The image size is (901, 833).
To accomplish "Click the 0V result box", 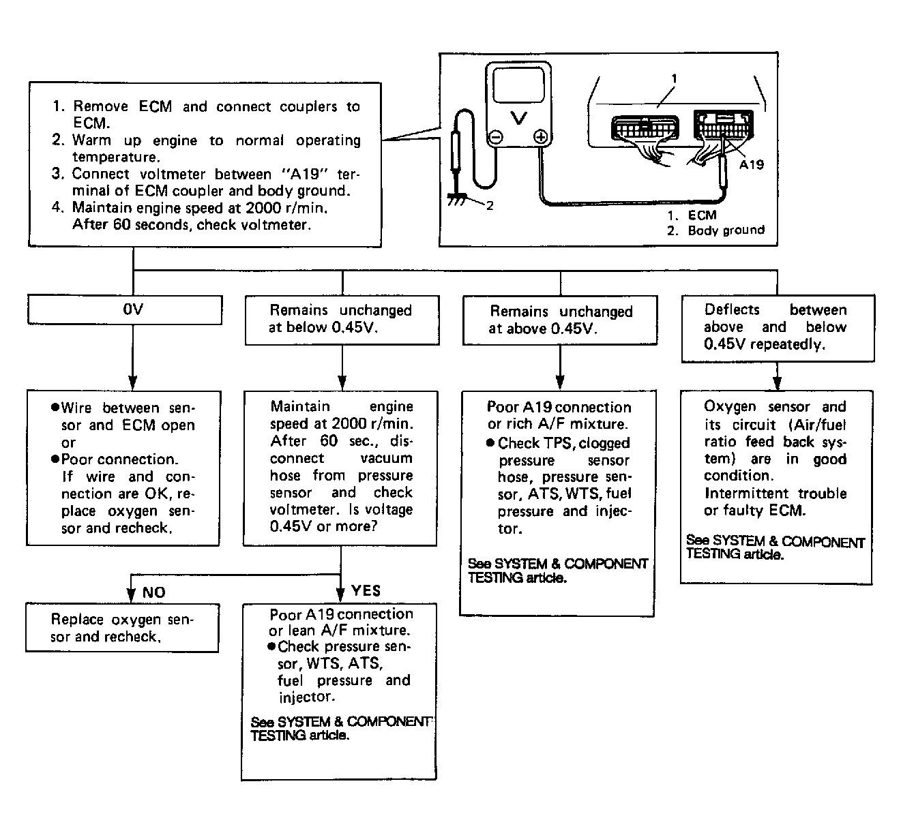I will (124, 309).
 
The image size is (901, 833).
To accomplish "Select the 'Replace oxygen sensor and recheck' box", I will (122, 628).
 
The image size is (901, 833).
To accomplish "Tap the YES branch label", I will (366, 591).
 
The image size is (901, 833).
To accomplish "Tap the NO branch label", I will (153, 592).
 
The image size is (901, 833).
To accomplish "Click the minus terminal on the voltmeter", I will (497, 137).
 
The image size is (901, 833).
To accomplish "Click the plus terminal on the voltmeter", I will (540, 137).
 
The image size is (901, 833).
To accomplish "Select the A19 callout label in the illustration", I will (751, 164).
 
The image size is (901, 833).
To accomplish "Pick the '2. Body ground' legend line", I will (715, 230).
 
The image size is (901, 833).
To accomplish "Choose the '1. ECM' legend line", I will (692, 215).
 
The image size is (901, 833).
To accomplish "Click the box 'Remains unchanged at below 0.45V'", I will (341, 319).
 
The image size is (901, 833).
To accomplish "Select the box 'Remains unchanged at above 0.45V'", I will (560, 320).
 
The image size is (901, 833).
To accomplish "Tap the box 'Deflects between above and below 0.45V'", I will (778, 327).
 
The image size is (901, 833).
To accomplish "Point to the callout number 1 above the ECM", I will (674, 79).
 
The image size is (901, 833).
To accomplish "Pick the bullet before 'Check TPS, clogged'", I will (490, 443).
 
